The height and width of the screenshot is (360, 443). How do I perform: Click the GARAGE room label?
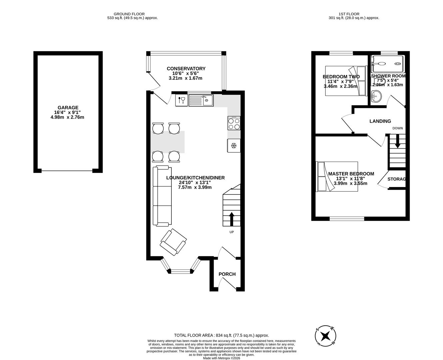(68, 108)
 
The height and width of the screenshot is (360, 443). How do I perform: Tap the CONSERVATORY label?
(186, 69)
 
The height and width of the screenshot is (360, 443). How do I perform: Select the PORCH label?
(227, 274)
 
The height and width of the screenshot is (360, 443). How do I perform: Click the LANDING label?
(380, 121)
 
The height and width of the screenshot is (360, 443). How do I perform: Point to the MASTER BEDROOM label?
(351, 174)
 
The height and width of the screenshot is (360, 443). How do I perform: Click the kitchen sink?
(201, 100)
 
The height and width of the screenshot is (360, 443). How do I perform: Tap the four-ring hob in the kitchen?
(234, 124)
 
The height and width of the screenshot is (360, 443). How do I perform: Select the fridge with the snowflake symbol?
(234, 146)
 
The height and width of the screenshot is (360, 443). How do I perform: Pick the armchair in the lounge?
(173, 242)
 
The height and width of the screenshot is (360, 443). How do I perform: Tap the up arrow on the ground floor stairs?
(232, 219)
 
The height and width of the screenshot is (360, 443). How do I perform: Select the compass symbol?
(325, 335)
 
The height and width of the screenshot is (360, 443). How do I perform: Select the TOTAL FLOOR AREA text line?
(221, 335)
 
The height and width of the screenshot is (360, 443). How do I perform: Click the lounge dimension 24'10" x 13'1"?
(195, 183)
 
